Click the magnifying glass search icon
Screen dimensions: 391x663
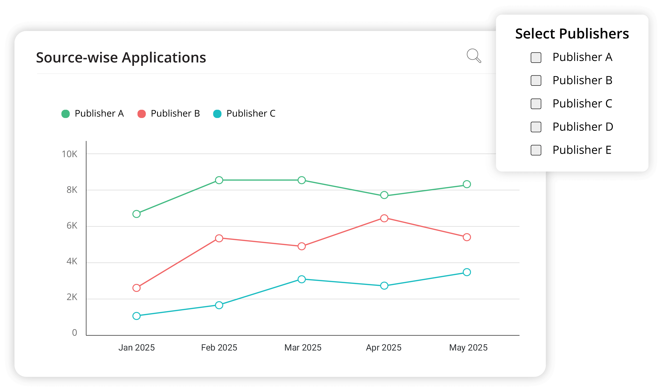point(474,55)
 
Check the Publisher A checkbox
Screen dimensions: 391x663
point(536,58)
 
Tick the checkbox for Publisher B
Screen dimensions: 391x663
point(536,80)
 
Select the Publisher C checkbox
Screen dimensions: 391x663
point(536,104)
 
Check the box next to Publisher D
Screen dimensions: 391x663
point(536,127)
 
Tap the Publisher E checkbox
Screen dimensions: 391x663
point(536,150)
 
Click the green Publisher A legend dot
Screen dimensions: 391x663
point(66,114)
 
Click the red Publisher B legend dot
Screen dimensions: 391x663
point(142,114)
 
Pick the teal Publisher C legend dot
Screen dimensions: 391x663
point(217,114)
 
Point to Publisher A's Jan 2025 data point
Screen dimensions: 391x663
point(137,214)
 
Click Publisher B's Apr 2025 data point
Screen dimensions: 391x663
point(384,218)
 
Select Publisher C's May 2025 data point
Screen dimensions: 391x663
point(467,272)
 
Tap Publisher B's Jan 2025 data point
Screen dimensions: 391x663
point(137,288)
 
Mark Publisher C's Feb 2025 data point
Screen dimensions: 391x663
point(219,305)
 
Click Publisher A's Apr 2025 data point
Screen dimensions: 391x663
point(384,195)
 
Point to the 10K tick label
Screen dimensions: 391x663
point(70,154)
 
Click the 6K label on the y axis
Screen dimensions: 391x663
point(72,226)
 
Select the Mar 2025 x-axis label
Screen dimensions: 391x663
point(303,348)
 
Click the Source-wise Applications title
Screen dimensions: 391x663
point(121,58)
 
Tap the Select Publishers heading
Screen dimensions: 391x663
point(572,34)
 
